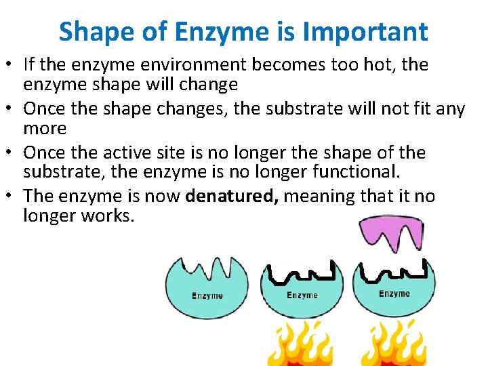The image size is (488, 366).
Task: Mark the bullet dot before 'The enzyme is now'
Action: tap(13, 197)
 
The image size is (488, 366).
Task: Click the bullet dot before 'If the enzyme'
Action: tap(13, 66)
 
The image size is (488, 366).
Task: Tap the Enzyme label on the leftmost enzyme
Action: tap(207, 296)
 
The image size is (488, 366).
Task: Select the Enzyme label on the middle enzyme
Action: tap(302, 295)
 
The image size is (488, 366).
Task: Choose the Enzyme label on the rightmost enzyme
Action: tap(394, 293)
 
